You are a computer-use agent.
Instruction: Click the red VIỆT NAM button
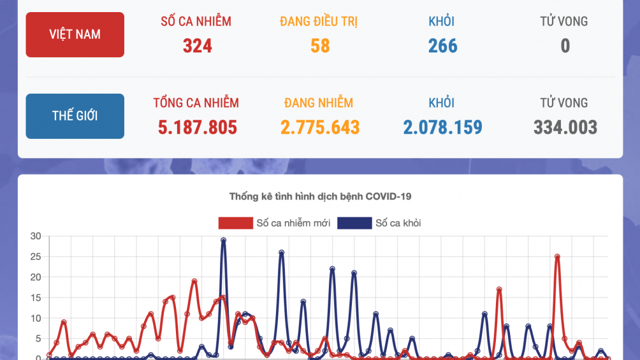75,34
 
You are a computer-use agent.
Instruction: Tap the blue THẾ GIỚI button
75,116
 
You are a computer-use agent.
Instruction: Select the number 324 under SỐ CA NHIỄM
197,46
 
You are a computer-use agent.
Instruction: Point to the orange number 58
320,46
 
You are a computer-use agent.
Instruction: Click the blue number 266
442,46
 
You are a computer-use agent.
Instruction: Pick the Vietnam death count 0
565,46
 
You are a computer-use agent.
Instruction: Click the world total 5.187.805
197,127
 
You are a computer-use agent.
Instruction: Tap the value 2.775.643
320,127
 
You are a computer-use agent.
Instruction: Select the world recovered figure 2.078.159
442,127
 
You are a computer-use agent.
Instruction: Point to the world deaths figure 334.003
565,127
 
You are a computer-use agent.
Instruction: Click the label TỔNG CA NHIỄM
196,103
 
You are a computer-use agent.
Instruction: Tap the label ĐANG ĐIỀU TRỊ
319,22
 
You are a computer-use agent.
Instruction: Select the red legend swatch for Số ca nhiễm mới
235,223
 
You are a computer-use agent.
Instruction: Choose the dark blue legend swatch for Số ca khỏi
354,223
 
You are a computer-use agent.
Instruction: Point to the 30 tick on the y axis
36,236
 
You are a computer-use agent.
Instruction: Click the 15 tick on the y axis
36,298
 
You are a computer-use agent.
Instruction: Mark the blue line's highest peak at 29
223,240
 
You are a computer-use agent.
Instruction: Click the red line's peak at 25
557,257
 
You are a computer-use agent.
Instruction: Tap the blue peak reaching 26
281,252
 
